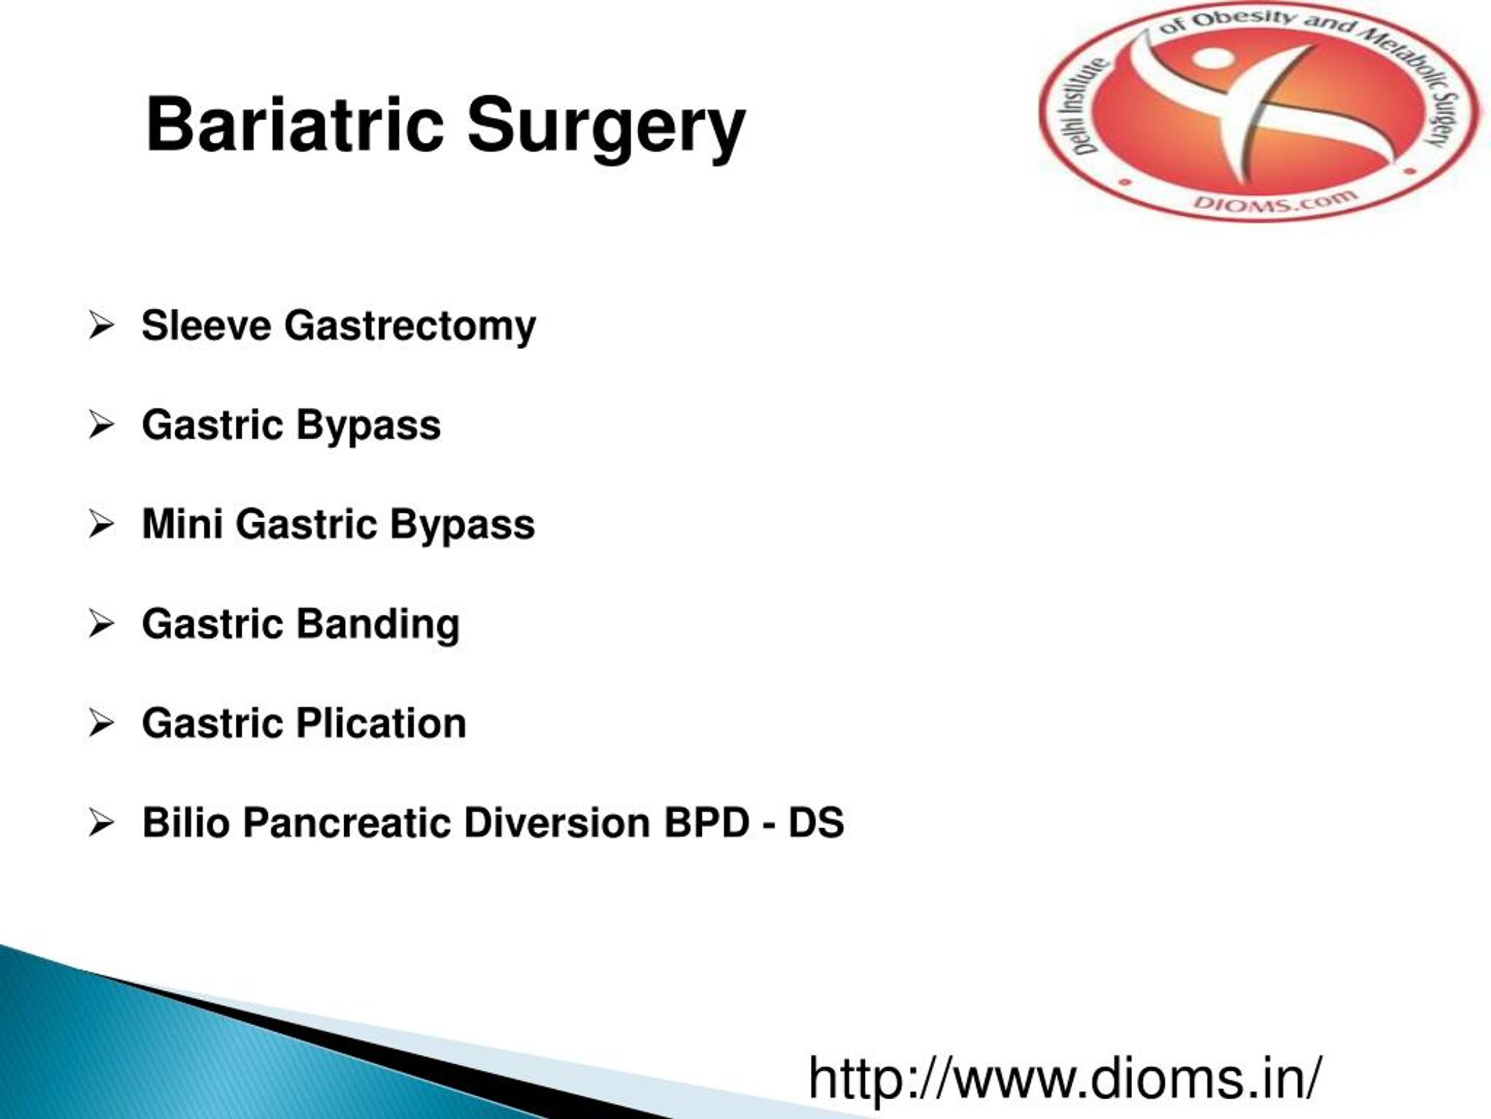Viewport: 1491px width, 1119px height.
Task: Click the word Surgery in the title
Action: (x=606, y=128)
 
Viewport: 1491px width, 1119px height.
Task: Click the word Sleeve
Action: (x=206, y=326)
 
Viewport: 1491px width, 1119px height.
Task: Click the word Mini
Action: (x=182, y=524)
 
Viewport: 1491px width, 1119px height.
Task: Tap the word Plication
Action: (x=381, y=724)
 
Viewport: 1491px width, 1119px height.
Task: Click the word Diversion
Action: (x=557, y=824)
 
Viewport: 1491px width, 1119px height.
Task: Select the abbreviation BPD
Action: (x=706, y=824)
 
